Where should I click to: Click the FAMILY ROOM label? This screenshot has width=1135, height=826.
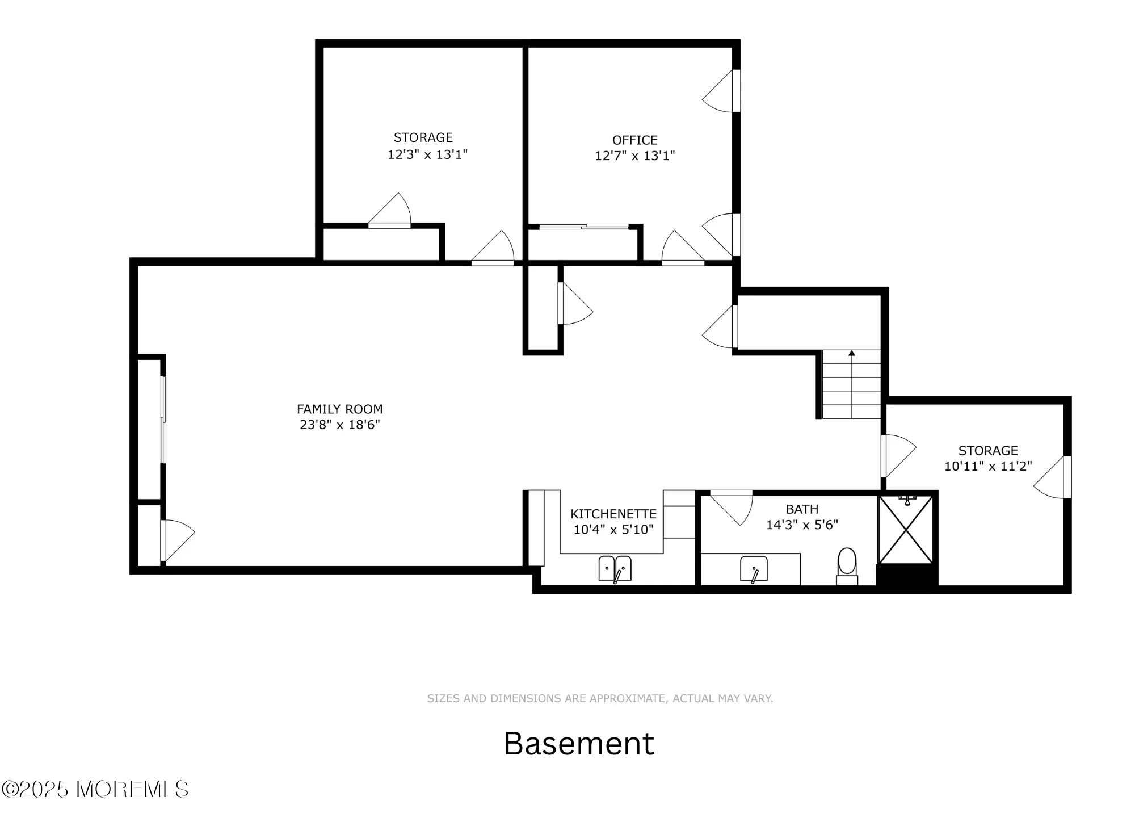coord(339,409)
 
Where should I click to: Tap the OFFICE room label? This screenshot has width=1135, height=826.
coord(634,140)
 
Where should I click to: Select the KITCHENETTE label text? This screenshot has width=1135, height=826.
coord(613,514)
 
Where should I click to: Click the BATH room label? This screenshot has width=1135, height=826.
coord(802,509)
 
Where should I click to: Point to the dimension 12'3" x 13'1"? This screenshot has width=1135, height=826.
coord(427,154)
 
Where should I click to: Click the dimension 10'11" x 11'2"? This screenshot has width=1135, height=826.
coord(987,466)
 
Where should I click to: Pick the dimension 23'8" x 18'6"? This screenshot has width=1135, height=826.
coord(339,425)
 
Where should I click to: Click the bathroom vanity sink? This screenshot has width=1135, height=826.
coord(754,569)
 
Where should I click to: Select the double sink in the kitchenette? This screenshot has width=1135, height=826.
coord(615,568)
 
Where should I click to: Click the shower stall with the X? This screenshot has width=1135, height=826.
coord(905,530)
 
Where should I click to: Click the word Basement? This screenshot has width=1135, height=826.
coord(579,743)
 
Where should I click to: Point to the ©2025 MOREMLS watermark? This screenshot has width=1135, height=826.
coord(95,789)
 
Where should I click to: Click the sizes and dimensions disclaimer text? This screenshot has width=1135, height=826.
coord(600,698)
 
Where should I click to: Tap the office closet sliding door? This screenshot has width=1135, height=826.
coord(583,227)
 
